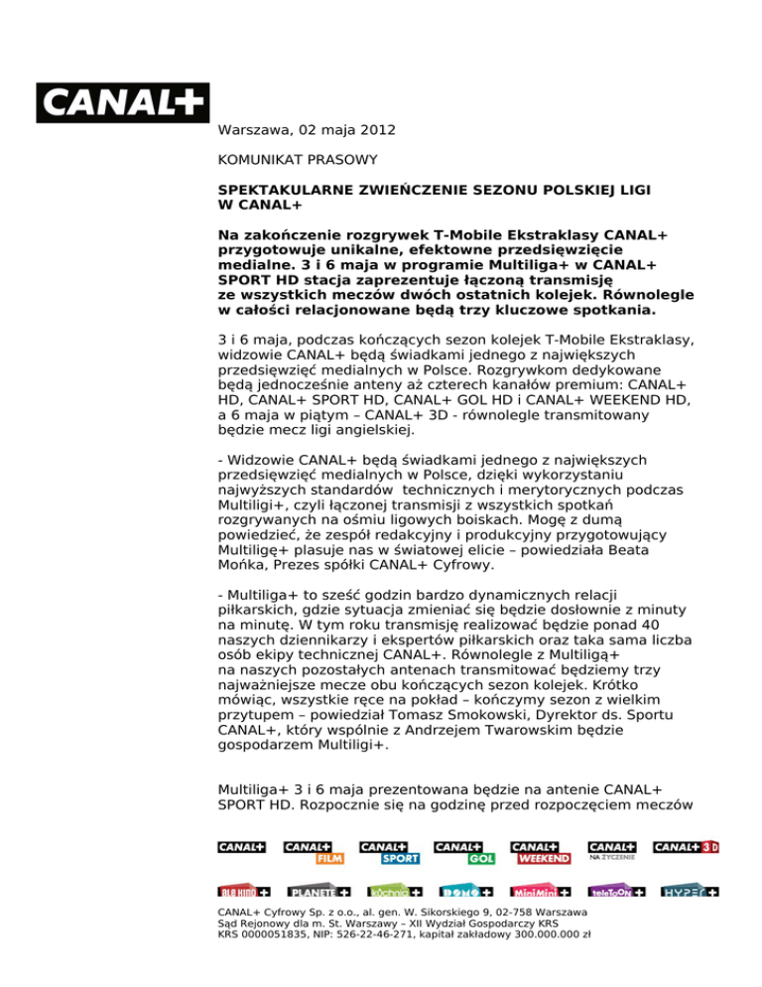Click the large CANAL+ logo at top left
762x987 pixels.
[123, 102]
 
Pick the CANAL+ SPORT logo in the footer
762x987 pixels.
[390, 852]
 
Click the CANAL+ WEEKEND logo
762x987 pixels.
[541, 852]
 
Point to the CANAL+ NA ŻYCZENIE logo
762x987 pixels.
[612, 850]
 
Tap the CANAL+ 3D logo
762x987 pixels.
[686, 847]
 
